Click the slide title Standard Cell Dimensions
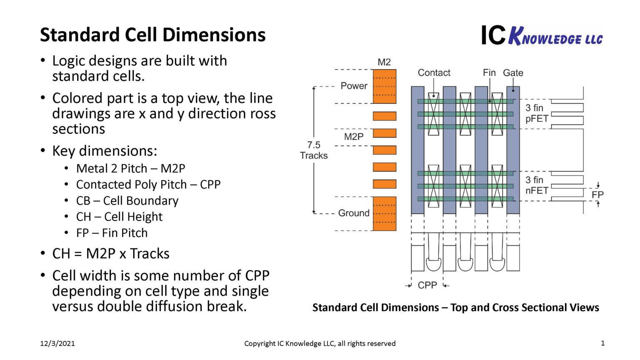click(152, 35)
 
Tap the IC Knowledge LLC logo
click(542, 35)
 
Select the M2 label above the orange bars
click(384, 62)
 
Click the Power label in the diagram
click(354, 86)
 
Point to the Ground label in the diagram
click(354, 213)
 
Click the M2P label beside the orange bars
click(354, 137)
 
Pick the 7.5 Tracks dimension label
click(314, 150)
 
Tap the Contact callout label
click(434, 72)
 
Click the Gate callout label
click(513, 72)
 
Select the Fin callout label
click(489, 72)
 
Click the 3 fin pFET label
click(536, 113)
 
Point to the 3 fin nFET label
click(536, 185)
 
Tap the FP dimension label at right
click(597, 195)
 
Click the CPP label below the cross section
click(427, 285)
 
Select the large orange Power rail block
click(384, 86)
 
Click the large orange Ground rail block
click(384, 213)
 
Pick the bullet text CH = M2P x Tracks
click(111, 253)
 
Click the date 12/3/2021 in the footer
click(57, 343)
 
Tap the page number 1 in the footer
click(602, 343)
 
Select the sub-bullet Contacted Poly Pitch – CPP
click(148, 184)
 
